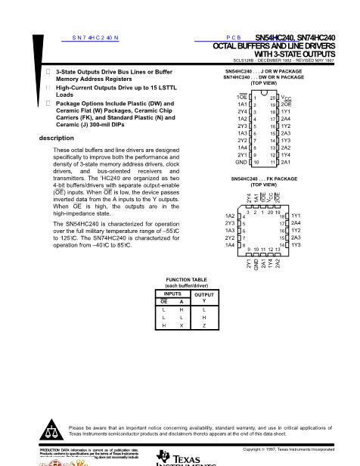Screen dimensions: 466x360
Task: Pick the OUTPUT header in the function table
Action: [x=204, y=294]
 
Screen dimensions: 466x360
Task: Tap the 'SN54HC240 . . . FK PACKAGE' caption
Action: [x=263, y=179]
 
